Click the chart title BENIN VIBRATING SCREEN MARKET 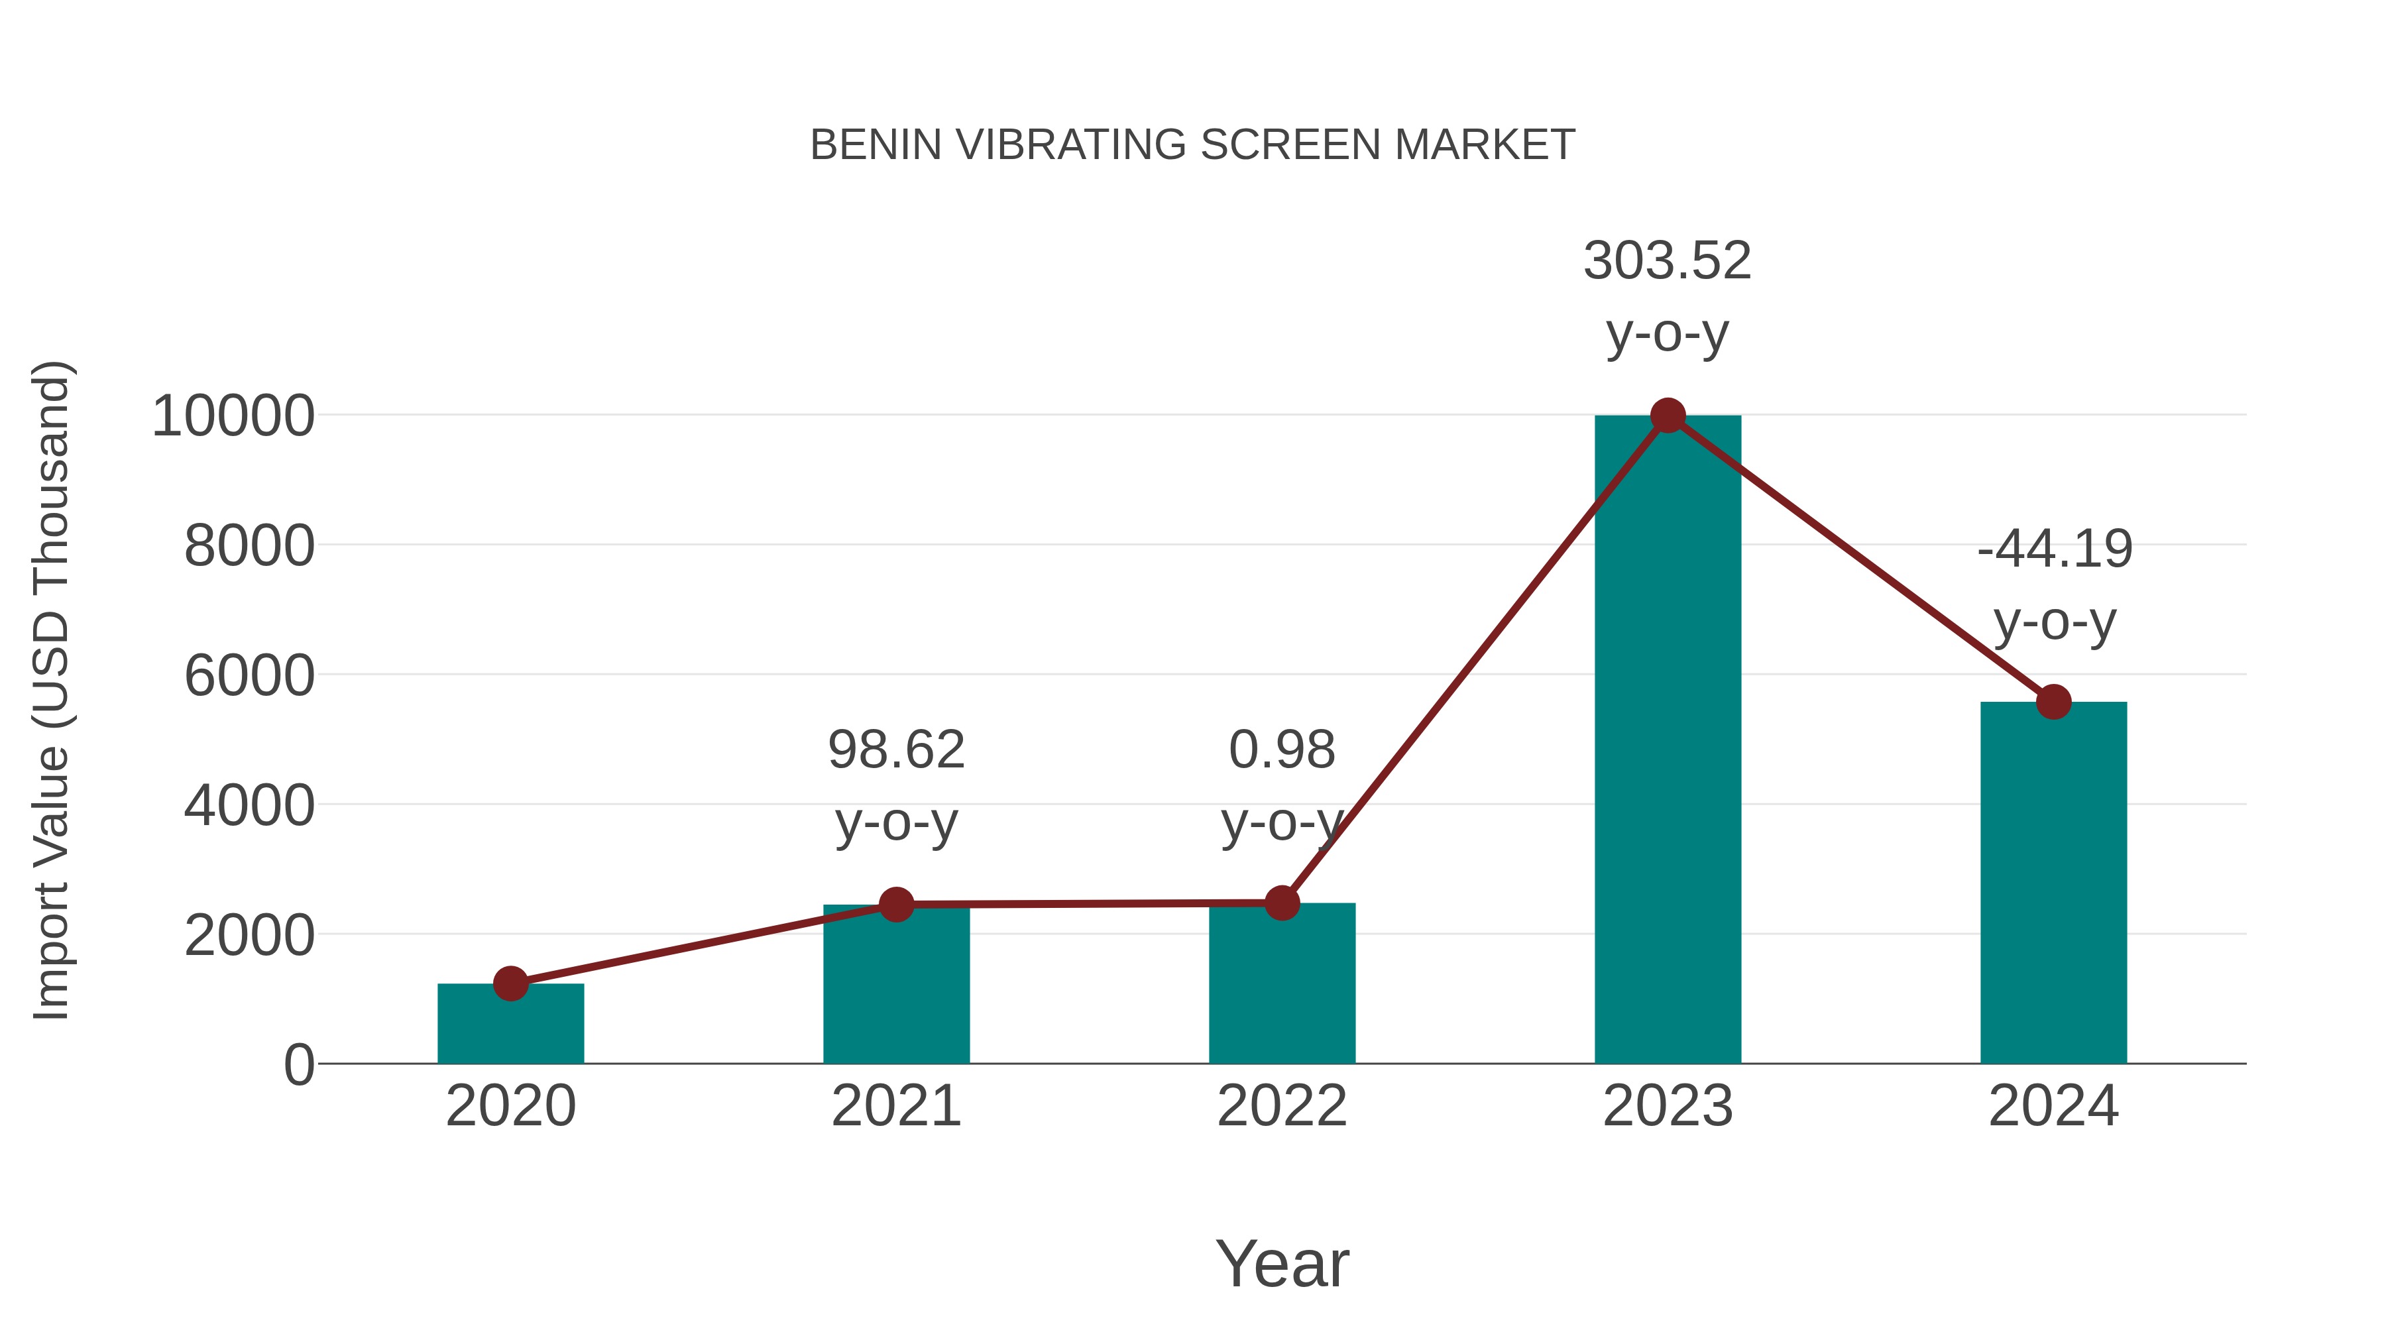coord(1192,145)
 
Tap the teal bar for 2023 coord(1668,741)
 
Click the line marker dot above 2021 coord(895,904)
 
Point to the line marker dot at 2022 coord(1282,902)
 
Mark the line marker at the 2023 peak coord(1668,416)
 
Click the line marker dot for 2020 coord(510,983)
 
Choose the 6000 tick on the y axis coord(249,675)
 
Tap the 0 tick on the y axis coord(298,1065)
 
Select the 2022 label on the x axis coord(1282,1107)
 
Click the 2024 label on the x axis coord(2053,1107)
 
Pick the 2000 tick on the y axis coord(249,935)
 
